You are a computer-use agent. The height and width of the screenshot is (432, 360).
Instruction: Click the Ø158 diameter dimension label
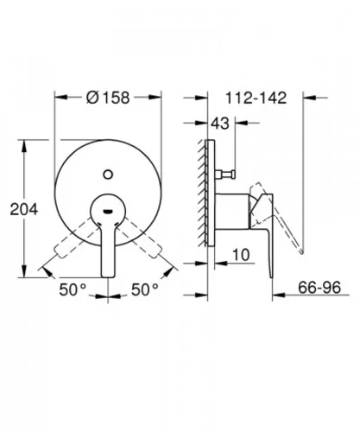pyautogui.click(x=108, y=98)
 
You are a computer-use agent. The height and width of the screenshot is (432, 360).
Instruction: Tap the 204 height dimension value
pyautogui.click(x=24, y=209)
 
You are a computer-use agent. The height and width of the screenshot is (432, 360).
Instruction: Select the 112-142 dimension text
pyautogui.click(x=256, y=98)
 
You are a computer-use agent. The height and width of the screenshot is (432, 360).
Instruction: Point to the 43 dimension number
pyautogui.click(x=220, y=124)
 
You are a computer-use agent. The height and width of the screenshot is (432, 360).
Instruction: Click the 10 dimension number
pyautogui.click(x=241, y=255)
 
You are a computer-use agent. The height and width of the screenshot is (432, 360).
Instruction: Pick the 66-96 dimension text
pyautogui.click(x=319, y=288)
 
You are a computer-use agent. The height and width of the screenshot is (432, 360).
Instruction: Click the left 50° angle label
pyautogui.click(x=73, y=289)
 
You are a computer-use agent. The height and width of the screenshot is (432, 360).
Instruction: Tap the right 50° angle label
pyautogui.click(x=145, y=289)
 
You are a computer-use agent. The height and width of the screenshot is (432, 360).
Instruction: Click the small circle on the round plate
pyautogui.click(x=108, y=175)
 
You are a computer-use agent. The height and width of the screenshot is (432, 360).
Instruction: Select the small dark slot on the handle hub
pyautogui.click(x=108, y=212)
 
